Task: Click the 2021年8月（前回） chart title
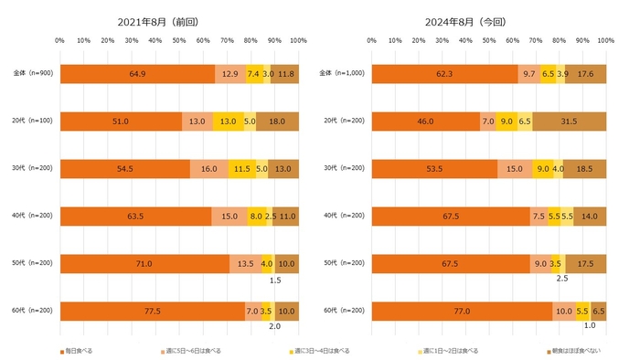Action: pyautogui.click(x=177, y=20)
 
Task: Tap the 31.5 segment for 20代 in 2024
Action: pyautogui.click(x=569, y=120)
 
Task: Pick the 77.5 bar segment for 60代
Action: pyautogui.click(x=152, y=311)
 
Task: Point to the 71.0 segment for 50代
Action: pyautogui.click(x=144, y=263)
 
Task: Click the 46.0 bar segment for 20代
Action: pyautogui.click(x=425, y=120)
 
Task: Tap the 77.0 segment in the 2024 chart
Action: pyautogui.click(x=462, y=311)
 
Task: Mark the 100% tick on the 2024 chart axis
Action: pyautogui.click(x=605, y=40)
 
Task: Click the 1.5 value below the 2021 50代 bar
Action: pyautogui.click(x=274, y=281)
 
